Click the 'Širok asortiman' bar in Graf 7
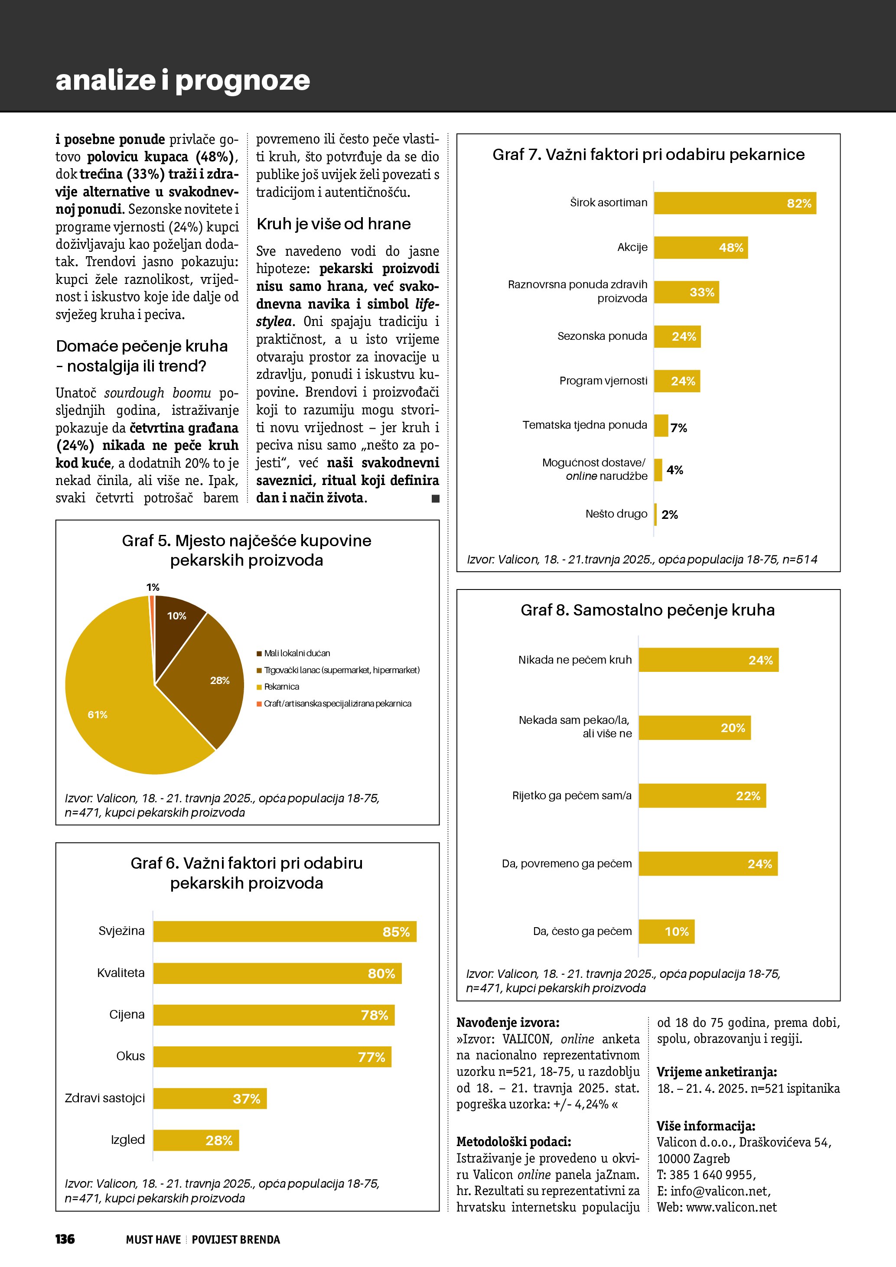tap(734, 203)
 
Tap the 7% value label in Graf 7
tap(679, 428)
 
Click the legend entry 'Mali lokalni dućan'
tap(297, 653)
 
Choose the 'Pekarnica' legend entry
tap(281, 687)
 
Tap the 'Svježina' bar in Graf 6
tap(285, 932)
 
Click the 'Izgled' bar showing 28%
tap(196, 1140)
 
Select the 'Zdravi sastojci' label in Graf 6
tap(105, 1098)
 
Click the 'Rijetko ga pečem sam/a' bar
tap(702, 796)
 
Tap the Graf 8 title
tap(648, 610)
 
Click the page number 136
tap(65, 1239)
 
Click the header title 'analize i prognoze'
tap(182, 80)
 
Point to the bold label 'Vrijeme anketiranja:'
tap(717, 1072)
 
